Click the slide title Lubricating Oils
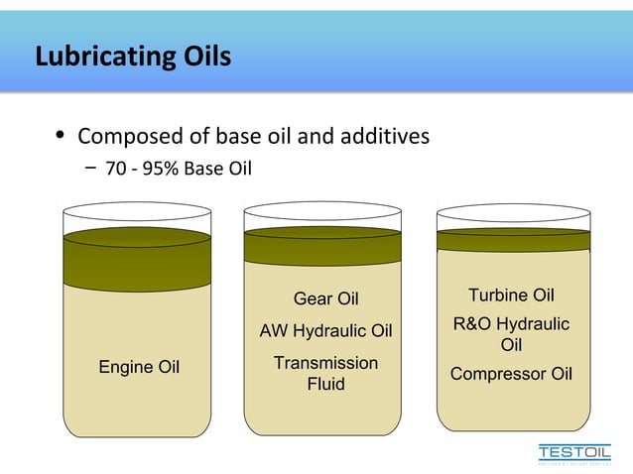(x=133, y=57)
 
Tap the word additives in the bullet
(x=386, y=136)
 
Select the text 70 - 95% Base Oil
(x=179, y=170)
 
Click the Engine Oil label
(x=139, y=367)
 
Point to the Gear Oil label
(x=325, y=298)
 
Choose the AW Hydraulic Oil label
(x=325, y=330)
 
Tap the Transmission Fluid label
(x=325, y=373)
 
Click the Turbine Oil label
(x=511, y=296)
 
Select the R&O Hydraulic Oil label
(x=511, y=334)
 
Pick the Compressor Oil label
(x=511, y=374)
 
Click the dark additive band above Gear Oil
(x=322, y=248)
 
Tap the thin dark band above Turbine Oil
(x=513, y=240)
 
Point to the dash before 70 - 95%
(x=90, y=169)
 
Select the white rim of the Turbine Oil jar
(x=513, y=215)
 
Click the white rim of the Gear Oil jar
(x=322, y=213)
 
